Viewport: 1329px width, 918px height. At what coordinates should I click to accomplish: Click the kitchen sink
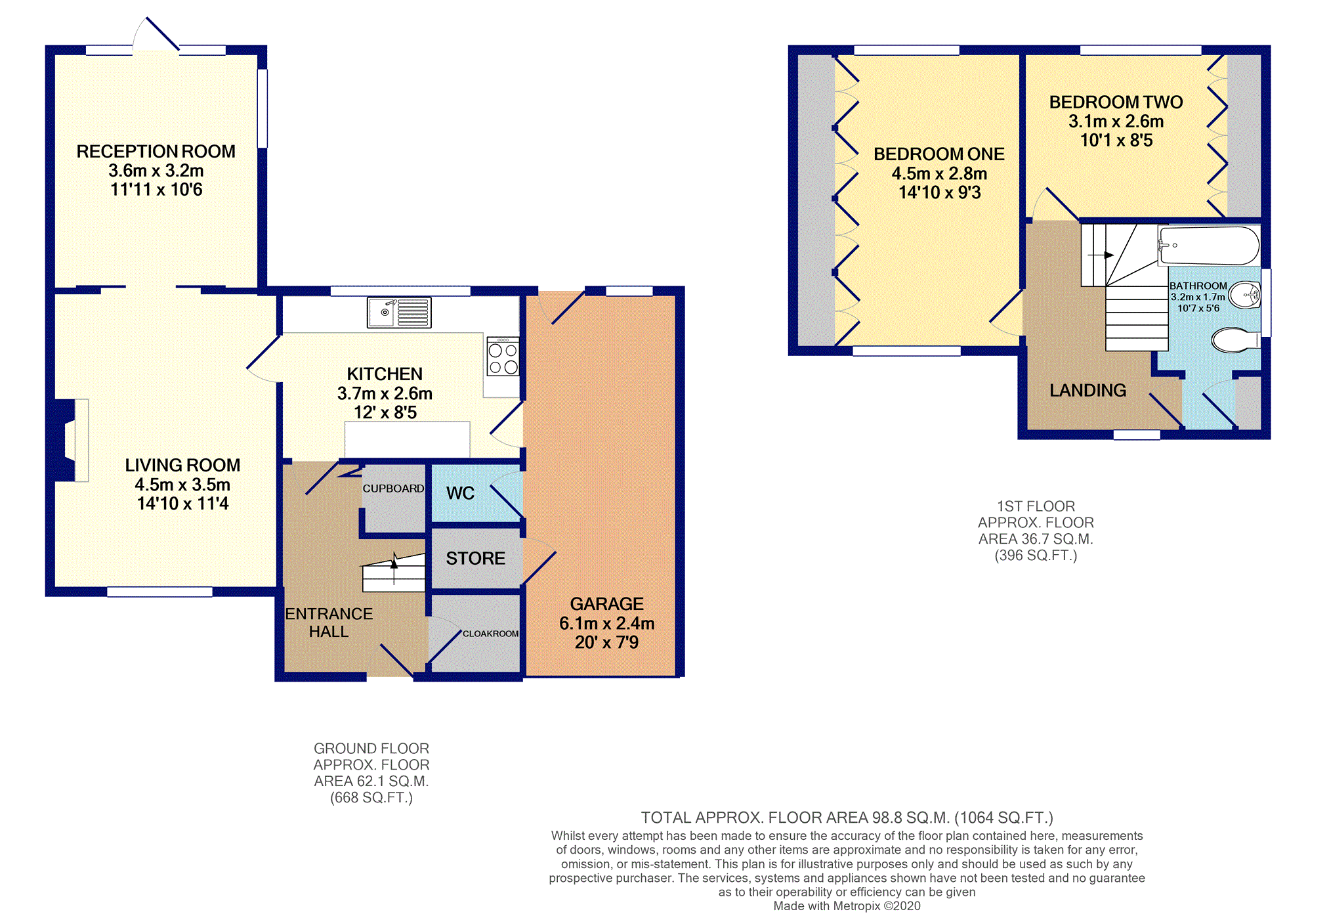click(x=399, y=313)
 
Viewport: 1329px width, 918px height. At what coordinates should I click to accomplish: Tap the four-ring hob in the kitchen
click(x=503, y=357)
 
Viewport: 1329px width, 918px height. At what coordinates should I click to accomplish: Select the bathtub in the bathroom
click(x=1209, y=246)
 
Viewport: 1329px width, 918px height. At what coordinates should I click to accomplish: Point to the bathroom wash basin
click(x=1245, y=295)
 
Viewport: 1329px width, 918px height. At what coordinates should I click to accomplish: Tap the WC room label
click(x=460, y=493)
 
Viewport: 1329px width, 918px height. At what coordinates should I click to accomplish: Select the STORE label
click(x=476, y=558)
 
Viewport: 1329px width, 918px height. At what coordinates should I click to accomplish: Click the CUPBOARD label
click(x=393, y=489)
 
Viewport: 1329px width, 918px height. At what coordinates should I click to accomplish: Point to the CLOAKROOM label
click(x=490, y=634)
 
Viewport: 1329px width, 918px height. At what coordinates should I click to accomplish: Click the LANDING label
click(x=1087, y=390)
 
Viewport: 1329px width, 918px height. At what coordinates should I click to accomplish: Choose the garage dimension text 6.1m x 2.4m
click(x=607, y=623)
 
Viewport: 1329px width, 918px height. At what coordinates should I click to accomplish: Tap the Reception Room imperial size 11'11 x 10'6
click(x=156, y=190)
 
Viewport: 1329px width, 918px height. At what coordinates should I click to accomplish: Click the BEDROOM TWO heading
click(x=1116, y=102)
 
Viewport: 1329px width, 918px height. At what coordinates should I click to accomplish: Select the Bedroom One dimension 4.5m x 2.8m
click(x=939, y=173)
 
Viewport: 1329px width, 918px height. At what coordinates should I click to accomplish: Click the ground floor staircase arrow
click(x=394, y=568)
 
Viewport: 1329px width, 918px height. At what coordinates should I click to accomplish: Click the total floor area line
click(x=847, y=818)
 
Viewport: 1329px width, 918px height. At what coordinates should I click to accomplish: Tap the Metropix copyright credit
click(x=847, y=906)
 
